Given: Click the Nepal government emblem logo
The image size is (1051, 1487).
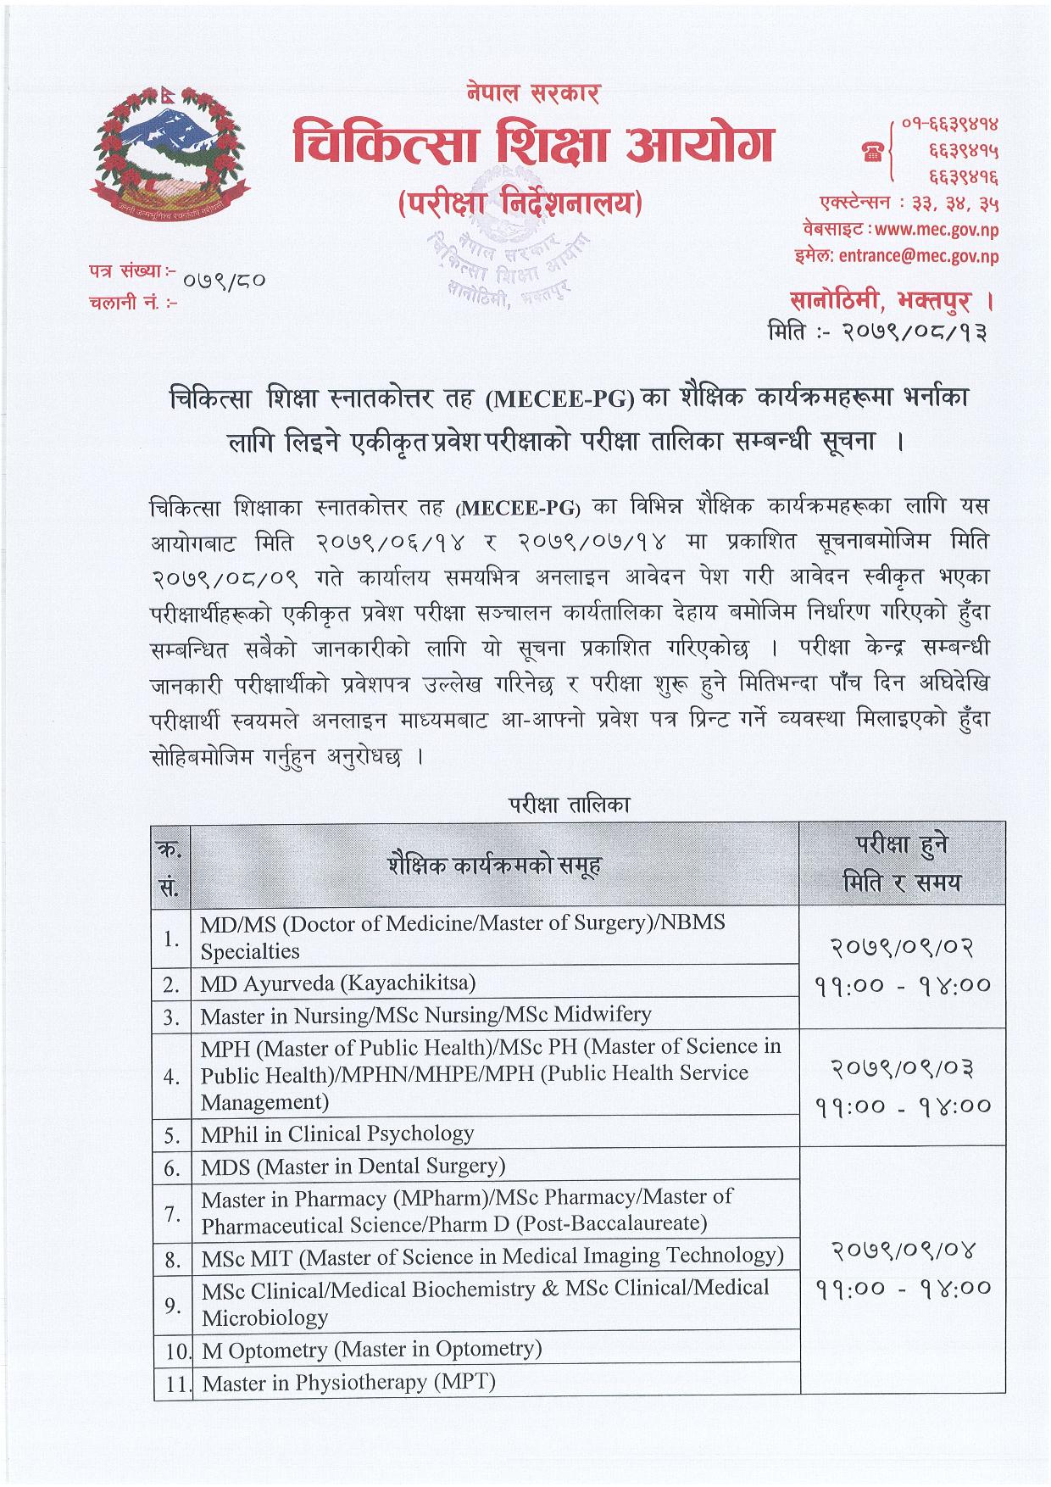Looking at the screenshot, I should (x=169, y=154).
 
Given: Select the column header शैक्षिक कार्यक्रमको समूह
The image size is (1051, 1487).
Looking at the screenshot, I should (x=495, y=866).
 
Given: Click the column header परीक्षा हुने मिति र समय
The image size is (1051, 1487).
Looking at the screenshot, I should (x=902, y=864).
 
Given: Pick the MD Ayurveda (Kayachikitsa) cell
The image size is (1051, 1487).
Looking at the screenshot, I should (x=338, y=983).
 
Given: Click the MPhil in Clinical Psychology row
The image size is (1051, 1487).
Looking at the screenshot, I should (x=337, y=1133).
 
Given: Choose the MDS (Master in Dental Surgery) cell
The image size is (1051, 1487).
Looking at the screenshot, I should (x=353, y=1166).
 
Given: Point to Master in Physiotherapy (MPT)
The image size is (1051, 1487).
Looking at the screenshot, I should (x=349, y=1383).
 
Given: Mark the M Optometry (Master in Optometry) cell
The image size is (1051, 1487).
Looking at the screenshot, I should (x=371, y=1349).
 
